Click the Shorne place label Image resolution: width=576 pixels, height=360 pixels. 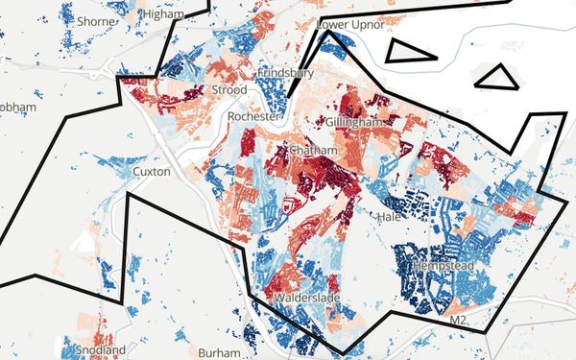tap(95, 21)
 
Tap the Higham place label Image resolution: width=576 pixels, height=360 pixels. tap(163, 15)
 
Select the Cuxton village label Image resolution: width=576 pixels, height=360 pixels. tap(151, 172)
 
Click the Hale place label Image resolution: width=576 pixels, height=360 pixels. tap(389, 218)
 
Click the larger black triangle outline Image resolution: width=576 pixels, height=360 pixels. tap(408, 52)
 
